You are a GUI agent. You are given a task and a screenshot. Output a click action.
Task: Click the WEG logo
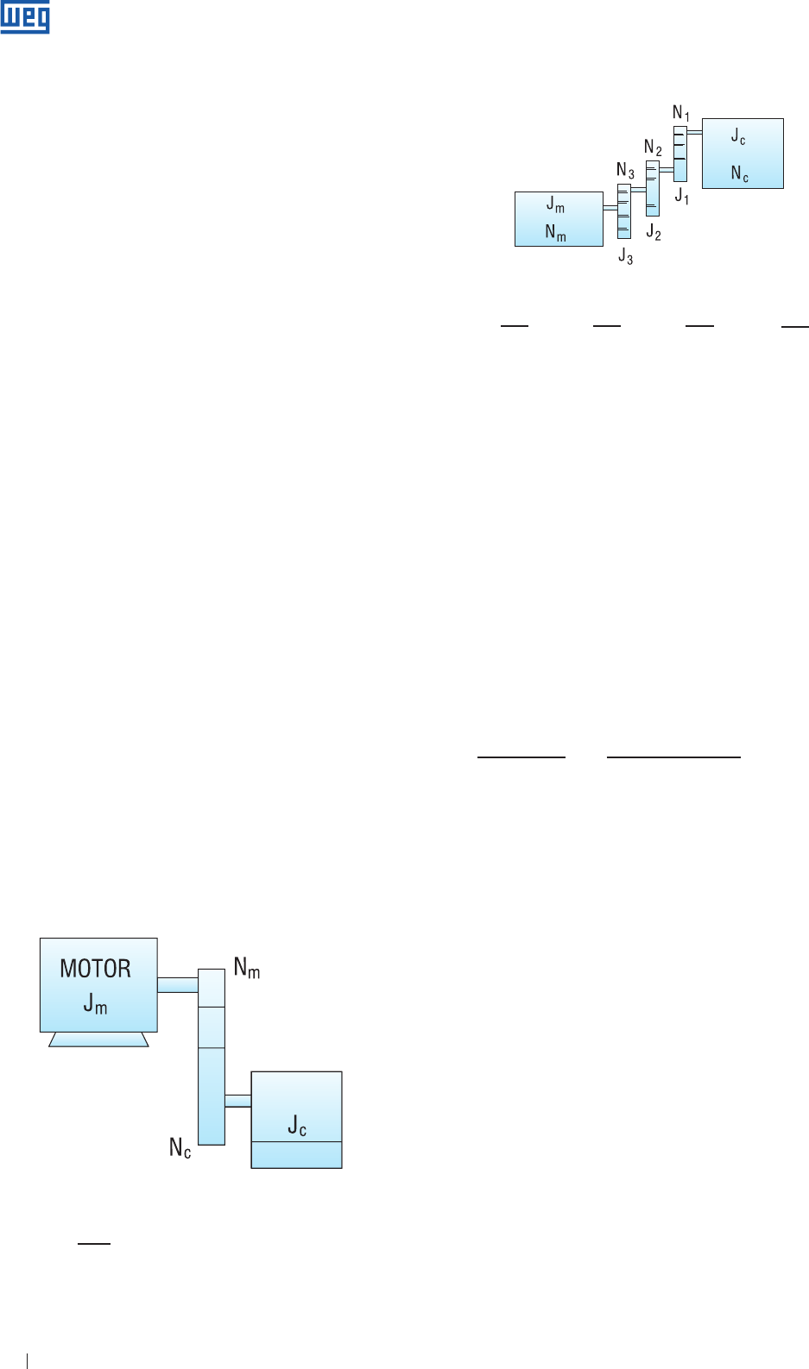tap(25, 17)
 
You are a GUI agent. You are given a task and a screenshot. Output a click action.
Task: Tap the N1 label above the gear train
tap(681, 113)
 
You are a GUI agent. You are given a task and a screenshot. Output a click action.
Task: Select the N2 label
tap(653, 148)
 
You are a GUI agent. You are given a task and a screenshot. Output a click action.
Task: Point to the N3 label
tap(625, 170)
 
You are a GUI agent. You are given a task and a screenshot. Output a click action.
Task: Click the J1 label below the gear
tap(682, 197)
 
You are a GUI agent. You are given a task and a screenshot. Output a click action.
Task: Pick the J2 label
tap(654, 232)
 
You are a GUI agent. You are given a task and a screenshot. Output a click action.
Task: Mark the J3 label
tap(625, 256)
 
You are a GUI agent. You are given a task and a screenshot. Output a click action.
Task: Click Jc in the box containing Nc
tap(738, 136)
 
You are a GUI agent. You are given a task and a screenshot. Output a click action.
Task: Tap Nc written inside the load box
tap(739, 173)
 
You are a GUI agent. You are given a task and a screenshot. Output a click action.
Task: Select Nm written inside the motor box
tap(555, 233)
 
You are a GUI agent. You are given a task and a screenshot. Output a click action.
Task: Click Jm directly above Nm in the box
tap(555, 204)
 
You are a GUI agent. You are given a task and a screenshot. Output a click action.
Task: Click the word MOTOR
tap(96, 969)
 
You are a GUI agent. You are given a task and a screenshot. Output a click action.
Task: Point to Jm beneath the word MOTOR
tap(95, 1003)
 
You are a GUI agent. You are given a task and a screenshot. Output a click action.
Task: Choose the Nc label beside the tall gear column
tap(180, 1148)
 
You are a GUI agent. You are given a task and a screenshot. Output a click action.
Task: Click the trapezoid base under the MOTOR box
tap(98, 1039)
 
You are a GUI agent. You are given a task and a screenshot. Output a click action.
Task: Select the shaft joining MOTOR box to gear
tap(178, 984)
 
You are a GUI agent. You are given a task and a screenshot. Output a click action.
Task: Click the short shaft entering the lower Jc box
tap(237, 1101)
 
